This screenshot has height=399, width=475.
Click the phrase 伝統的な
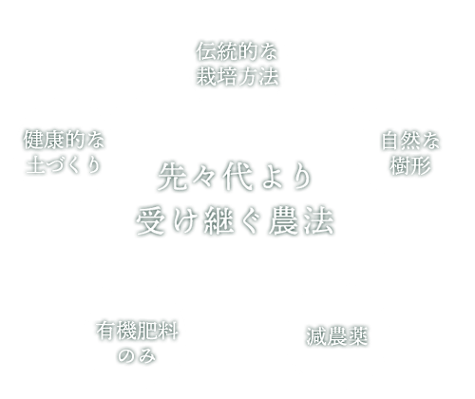[x=237, y=51]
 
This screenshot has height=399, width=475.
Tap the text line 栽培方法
[x=237, y=76]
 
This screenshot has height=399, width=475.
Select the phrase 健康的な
[x=64, y=140]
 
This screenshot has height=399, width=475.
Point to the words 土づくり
[x=64, y=164]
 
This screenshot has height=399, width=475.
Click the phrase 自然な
[x=410, y=141]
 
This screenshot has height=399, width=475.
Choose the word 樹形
[x=410, y=165]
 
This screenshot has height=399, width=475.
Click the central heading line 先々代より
[x=235, y=177]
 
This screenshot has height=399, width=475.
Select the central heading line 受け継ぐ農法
[x=235, y=220]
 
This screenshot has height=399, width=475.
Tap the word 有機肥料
[x=137, y=331]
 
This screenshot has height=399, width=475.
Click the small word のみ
[x=137, y=355]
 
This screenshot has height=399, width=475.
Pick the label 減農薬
[x=336, y=336]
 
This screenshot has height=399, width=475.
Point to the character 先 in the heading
[x=172, y=177]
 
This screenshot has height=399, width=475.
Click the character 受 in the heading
[x=150, y=220]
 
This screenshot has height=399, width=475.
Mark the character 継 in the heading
[x=218, y=220]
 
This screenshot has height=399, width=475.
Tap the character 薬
[x=357, y=336]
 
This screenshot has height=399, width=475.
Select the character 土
[x=35, y=164]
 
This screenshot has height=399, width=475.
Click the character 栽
[x=206, y=76]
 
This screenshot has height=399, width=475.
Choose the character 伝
[x=206, y=51]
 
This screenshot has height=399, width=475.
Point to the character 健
[x=33, y=140]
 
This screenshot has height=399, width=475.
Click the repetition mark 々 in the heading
[x=203, y=178]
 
